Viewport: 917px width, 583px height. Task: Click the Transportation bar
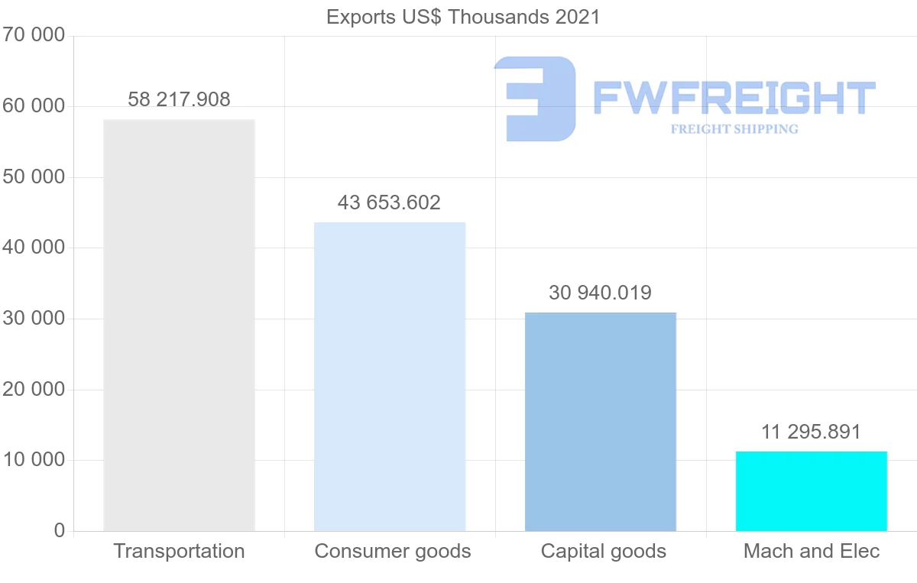tap(179, 326)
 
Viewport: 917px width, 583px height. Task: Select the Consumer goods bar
tap(390, 377)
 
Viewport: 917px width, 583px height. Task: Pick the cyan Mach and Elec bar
tap(812, 491)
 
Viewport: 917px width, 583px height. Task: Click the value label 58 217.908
tap(179, 99)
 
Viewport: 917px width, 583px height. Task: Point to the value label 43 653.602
tap(389, 202)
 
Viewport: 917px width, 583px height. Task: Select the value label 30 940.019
tap(600, 293)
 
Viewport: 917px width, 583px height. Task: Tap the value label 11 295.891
tap(811, 432)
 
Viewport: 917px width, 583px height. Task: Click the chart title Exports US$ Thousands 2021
tap(463, 17)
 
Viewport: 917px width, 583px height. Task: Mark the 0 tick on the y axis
tap(60, 531)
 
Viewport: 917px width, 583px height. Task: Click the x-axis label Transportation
tap(179, 551)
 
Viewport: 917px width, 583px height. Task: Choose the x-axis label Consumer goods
tap(393, 551)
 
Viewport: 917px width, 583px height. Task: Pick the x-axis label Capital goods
tap(604, 551)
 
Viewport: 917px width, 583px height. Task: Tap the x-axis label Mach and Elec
tap(812, 551)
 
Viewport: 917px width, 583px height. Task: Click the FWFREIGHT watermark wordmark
tap(734, 98)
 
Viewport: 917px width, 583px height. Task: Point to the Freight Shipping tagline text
tap(734, 129)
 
